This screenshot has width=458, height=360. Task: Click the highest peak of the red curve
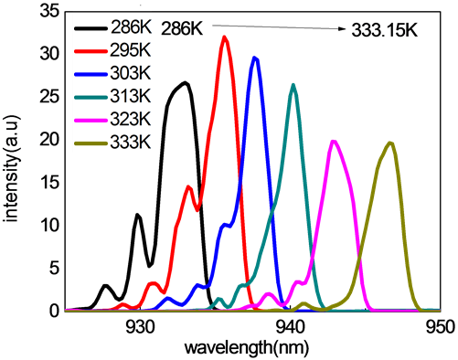click(x=225, y=37)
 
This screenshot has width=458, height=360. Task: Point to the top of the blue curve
click(x=255, y=58)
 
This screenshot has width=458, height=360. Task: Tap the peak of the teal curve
click(x=293, y=85)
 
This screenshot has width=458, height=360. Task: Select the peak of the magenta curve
click(x=335, y=141)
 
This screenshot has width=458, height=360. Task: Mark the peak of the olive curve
click(x=391, y=143)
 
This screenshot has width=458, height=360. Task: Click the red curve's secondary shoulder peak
click(x=189, y=187)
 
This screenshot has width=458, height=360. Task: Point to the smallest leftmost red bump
click(x=122, y=304)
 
